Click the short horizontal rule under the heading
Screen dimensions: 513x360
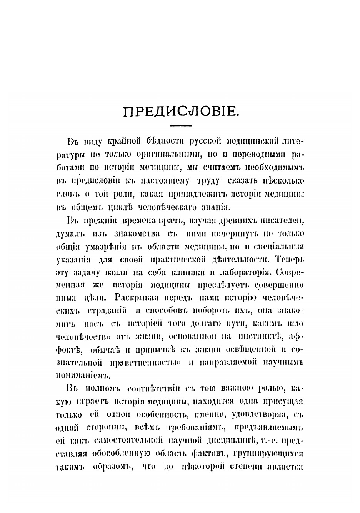(180, 125)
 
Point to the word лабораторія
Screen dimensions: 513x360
(246, 272)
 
